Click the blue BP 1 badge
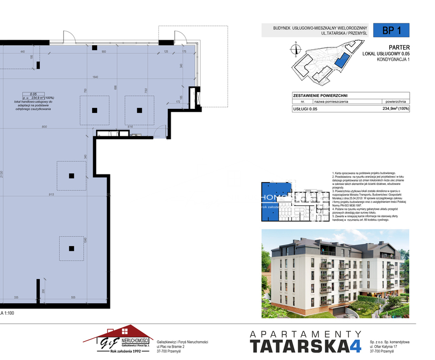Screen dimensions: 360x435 click(392, 30)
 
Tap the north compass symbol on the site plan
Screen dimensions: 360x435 click(296, 49)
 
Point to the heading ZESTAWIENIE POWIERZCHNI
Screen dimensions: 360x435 click(320, 95)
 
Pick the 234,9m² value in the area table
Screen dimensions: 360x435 click(395, 108)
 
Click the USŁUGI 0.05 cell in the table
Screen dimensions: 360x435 click(305, 108)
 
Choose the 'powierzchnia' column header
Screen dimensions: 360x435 click(396, 101)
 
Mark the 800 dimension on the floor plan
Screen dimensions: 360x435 click(44, 127)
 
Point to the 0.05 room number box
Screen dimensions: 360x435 click(34, 94)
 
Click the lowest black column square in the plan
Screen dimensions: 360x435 click(72, 249)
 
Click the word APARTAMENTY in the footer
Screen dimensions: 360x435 click(306, 334)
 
